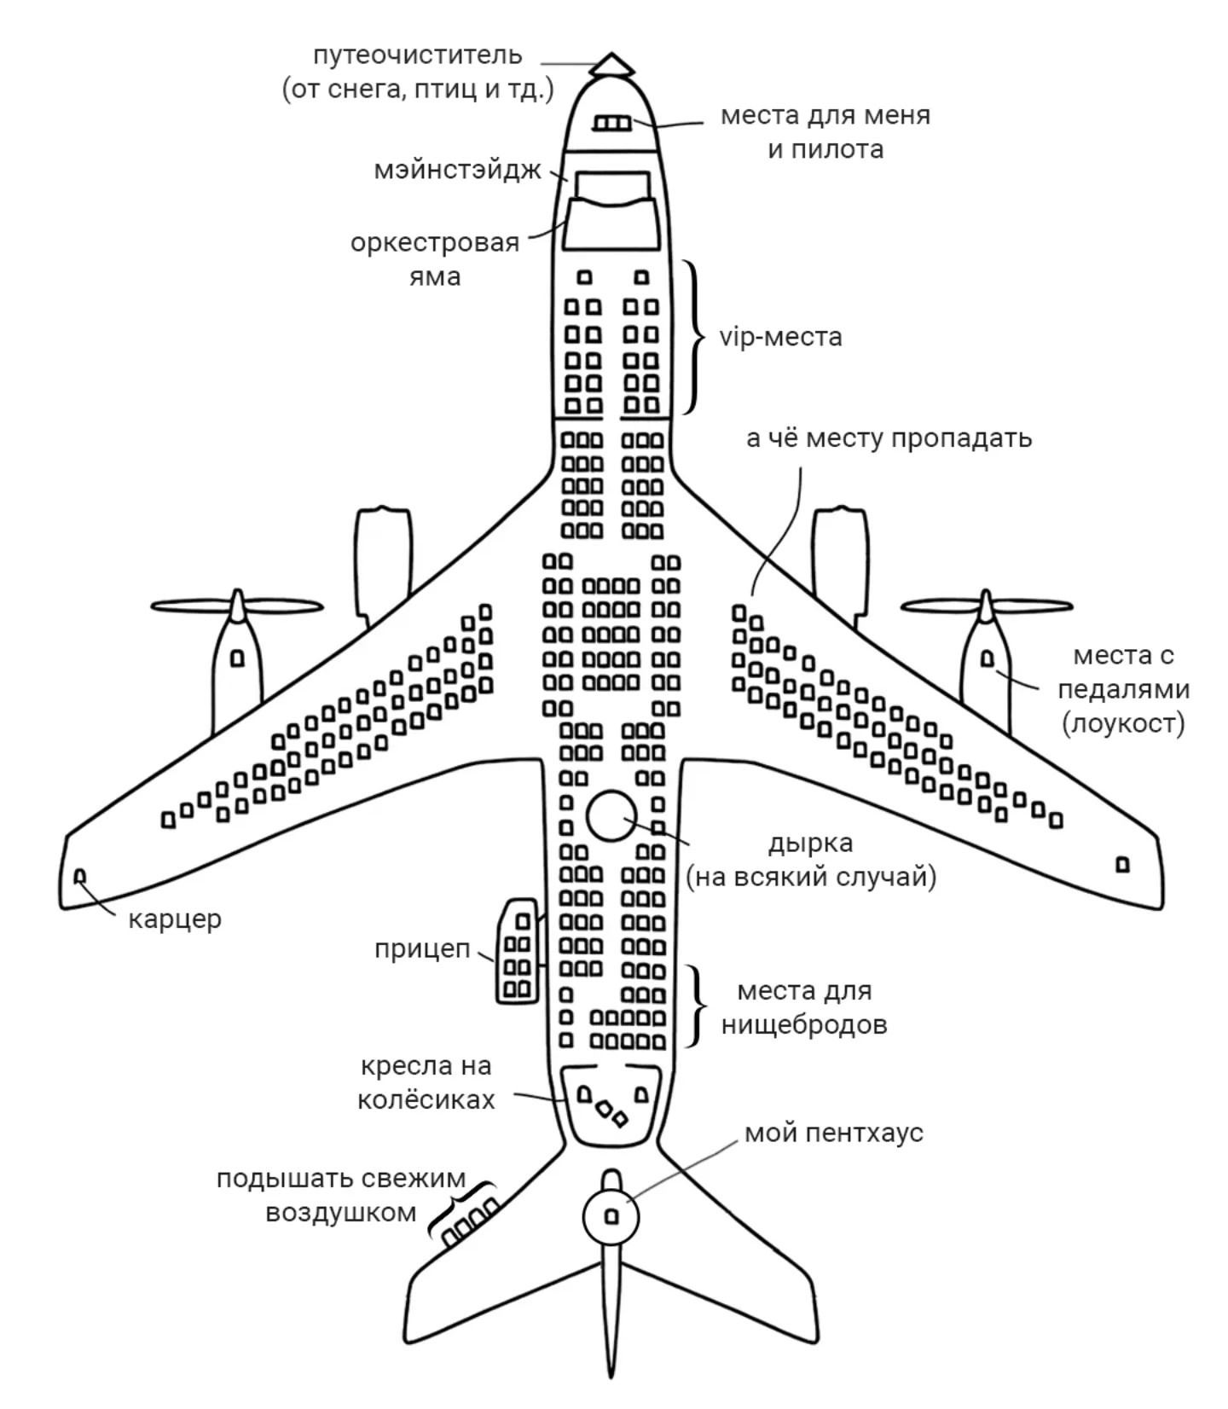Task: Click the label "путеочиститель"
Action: point(417,55)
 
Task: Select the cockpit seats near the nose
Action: point(611,125)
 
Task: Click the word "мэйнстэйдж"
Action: point(458,170)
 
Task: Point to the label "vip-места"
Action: point(780,337)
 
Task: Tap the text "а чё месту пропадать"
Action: point(889,438)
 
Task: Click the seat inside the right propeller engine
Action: point(988,659)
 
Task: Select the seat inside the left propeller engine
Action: point(237,658)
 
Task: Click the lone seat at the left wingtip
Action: point(80,876)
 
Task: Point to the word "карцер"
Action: point(175,919)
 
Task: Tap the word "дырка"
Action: point(809,843)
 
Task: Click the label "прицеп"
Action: point(422,949)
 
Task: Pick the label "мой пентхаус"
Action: point(833,1134)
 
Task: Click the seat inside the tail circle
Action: point(611,1217)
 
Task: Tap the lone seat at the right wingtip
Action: point(1122,865)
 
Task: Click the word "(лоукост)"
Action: point(1123,724)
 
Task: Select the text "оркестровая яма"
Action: point(435,259)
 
